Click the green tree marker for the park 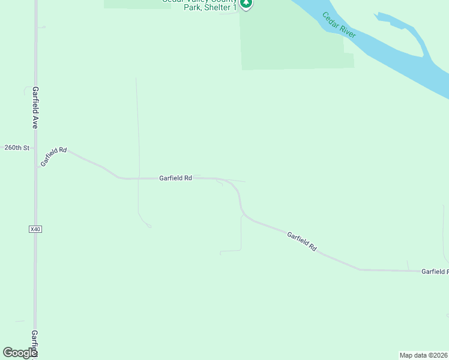point(246,4)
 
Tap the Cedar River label point(339,25)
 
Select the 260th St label point(17,147)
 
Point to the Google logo point(20,353)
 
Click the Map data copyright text point(424,355)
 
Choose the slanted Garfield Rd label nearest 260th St point(53,157)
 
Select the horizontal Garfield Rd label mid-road point(175,178)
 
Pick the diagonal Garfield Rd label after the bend point(301,241)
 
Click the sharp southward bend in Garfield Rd point(240,204)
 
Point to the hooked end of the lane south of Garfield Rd point(148,224)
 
